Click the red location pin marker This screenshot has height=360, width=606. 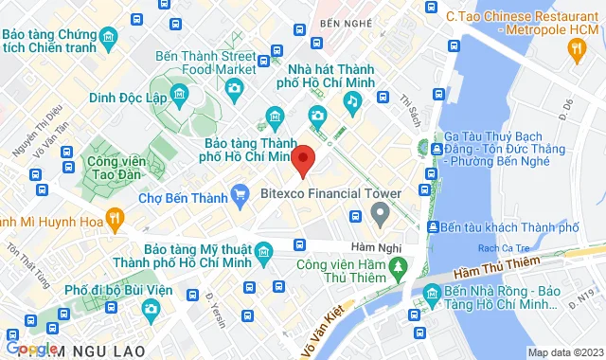pyautogui.click(x=303, y=161)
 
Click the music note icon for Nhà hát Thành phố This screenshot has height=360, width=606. pyautogui.click(x=352, y=99)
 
